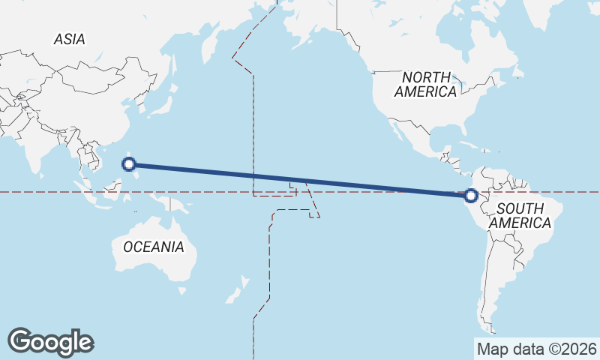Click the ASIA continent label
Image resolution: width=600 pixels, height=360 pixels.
(69, 40)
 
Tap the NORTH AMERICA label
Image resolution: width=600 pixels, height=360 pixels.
(426, 85)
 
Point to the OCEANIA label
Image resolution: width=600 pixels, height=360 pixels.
(153, 247)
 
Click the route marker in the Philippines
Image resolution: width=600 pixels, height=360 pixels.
(129, 164)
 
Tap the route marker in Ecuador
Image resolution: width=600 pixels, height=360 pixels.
(471, 196)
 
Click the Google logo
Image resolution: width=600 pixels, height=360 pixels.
(51, 341)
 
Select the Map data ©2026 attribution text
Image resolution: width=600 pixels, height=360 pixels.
(536, 349)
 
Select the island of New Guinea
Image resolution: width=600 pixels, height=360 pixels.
(163, 202)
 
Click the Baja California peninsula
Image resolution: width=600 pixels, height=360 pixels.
(393, 132)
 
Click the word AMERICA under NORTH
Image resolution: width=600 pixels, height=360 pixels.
(426, 92)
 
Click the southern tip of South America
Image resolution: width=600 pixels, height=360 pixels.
(491, 326)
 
